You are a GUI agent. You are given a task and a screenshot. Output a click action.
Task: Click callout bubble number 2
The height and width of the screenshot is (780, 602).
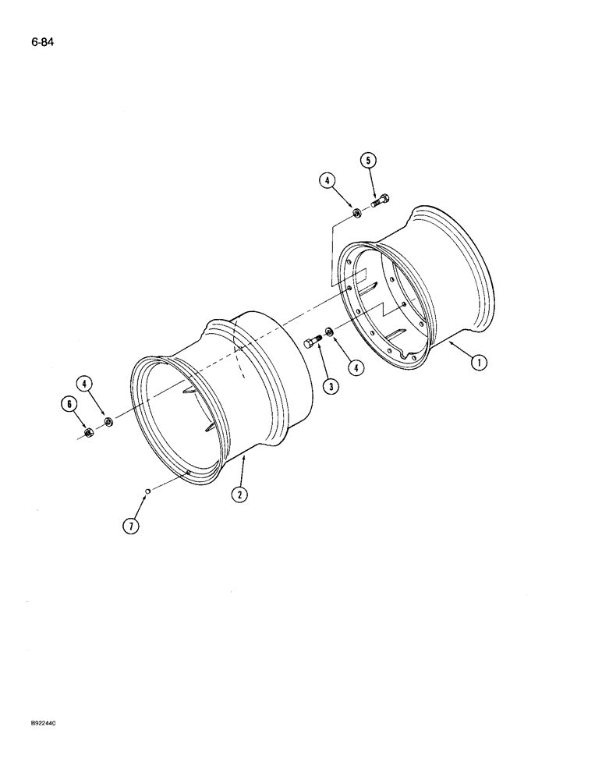point(239,493)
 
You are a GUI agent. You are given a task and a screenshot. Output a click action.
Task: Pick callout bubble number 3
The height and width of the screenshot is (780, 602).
point(330,386)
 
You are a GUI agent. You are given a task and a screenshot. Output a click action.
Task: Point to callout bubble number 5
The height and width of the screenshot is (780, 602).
point(369,160)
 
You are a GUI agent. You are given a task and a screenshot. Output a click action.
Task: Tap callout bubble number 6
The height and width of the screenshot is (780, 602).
point(69,403)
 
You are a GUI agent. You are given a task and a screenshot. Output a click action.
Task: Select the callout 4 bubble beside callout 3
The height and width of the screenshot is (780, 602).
point(356,367)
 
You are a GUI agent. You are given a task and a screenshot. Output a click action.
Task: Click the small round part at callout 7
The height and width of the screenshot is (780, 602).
point(147,491)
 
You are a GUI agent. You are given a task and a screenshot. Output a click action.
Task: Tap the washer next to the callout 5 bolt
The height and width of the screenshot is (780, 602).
point(356,213)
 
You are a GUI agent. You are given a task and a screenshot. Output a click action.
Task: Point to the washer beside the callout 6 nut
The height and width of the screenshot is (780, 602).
point(108,423)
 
